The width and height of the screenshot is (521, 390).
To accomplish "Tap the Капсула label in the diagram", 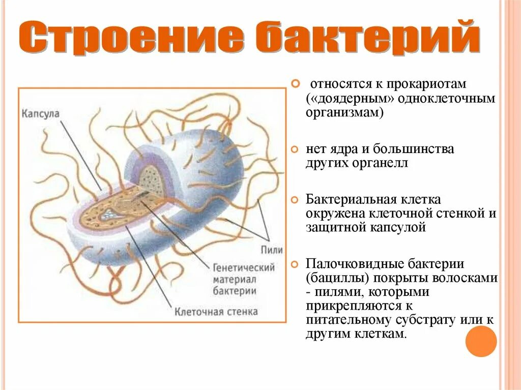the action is coord(40,113).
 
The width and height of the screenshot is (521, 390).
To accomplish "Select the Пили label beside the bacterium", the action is coord(271,250).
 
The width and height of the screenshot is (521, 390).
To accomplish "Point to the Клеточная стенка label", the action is coord(216,311).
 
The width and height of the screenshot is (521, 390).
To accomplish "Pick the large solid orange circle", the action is coord(481,341).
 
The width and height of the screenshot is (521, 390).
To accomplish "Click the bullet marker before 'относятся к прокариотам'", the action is coord(295,82).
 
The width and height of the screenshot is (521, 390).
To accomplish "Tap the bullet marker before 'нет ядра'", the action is coord(295,150).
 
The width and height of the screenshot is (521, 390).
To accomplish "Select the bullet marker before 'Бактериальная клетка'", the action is coord(295,200).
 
